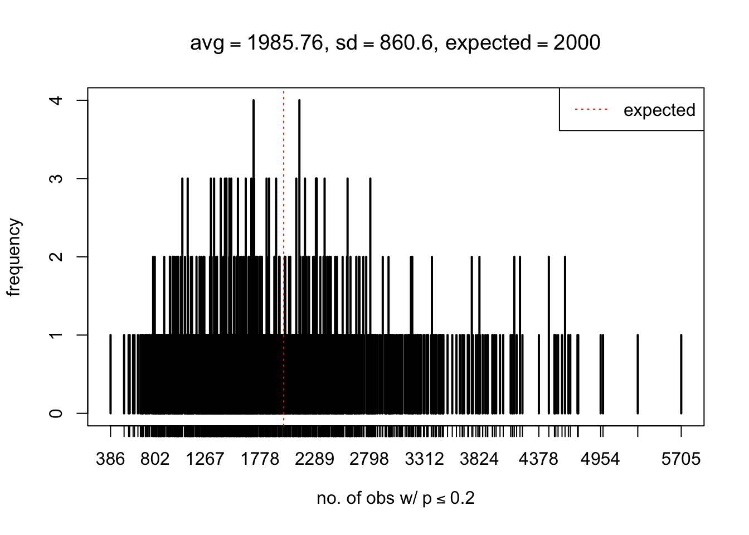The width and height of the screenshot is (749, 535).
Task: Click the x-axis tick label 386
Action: click(110, 459)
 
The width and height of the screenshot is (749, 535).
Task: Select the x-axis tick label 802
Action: click(154, 459)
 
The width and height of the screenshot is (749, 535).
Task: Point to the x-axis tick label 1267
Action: click(205, 459)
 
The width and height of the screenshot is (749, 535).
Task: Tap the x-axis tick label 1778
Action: click(260, 459)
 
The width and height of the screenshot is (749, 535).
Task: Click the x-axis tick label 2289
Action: click(315, 459)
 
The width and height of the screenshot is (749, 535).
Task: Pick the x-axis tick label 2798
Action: click(369, 459)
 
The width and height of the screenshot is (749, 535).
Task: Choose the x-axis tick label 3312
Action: click(425, 459)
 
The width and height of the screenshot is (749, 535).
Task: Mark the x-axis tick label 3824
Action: click(479, 459)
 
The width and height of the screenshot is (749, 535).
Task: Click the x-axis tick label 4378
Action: click(538, 459)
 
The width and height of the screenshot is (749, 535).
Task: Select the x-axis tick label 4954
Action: click(600, 459)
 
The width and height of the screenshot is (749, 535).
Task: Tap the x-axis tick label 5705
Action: click(680, 459)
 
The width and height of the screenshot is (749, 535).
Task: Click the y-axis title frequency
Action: click(14, 257)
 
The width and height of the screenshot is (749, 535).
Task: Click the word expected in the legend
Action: click(659, 110)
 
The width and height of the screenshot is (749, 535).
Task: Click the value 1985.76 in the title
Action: click(283, 43)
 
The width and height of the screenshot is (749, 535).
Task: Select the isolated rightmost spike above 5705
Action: click(681, 373)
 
